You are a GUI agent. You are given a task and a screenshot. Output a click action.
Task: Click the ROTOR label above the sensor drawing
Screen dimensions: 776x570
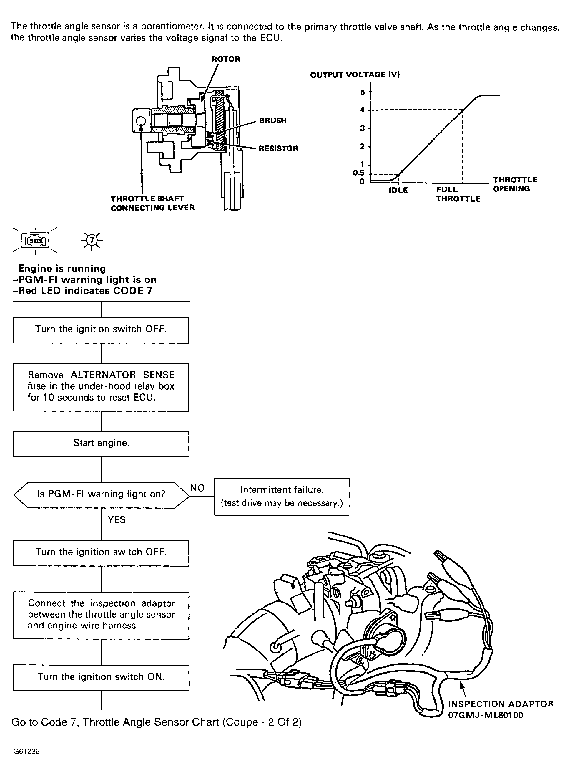(226, 59)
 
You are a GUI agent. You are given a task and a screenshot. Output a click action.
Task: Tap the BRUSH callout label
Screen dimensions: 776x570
(272, 120)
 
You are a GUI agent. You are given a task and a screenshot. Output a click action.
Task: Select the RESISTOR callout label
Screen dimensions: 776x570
(278, 148)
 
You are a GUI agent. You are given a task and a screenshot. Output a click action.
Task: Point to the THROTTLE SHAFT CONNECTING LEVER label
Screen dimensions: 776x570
(152, 203)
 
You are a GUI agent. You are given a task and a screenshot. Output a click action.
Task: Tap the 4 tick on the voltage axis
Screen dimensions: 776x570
(362, 110)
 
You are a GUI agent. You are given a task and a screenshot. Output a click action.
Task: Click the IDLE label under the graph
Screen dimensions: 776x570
(398, 190)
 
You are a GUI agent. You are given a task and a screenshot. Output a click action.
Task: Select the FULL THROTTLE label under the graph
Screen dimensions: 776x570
(458, 194)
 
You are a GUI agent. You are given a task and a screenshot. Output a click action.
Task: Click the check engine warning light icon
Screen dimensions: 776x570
(35, 240)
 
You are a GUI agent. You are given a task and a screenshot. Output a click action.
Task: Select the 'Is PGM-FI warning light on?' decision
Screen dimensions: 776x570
(101, 494)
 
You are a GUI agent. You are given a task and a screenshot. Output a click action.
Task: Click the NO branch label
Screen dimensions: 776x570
(197, 488)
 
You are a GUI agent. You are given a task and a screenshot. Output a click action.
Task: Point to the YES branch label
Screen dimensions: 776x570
(117, 520)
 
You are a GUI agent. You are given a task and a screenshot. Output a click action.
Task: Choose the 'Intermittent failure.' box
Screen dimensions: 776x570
(282, 497)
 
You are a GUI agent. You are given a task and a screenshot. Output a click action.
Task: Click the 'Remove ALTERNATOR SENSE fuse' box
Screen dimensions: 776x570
(101, 387)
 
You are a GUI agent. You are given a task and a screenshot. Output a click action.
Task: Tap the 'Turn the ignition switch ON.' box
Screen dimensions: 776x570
(101, 677)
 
